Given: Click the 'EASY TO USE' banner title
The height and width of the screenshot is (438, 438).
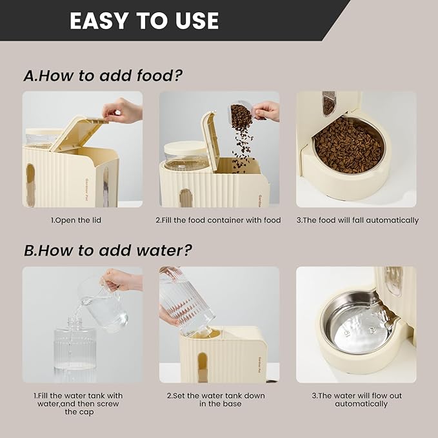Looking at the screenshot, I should point(144,21).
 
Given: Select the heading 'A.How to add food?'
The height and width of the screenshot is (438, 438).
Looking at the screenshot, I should point(103,75).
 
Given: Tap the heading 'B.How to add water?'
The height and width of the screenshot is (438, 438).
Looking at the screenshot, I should point(108,250).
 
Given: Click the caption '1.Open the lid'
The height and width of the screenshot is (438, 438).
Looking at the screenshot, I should point(76,220).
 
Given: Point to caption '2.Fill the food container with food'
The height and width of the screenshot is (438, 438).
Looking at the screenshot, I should point(218,220).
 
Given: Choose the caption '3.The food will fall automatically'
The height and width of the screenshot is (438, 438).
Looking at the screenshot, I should point(357,220).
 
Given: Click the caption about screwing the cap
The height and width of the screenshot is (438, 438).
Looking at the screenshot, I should point(78,403).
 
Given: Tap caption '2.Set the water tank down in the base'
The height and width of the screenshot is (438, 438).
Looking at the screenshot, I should point(218,399).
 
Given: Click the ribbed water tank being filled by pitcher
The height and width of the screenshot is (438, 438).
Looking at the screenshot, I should point(75,352).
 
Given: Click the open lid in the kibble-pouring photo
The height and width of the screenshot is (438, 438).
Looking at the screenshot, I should point(210,139).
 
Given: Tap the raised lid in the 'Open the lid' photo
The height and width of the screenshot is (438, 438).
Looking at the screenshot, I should point(79,132).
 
